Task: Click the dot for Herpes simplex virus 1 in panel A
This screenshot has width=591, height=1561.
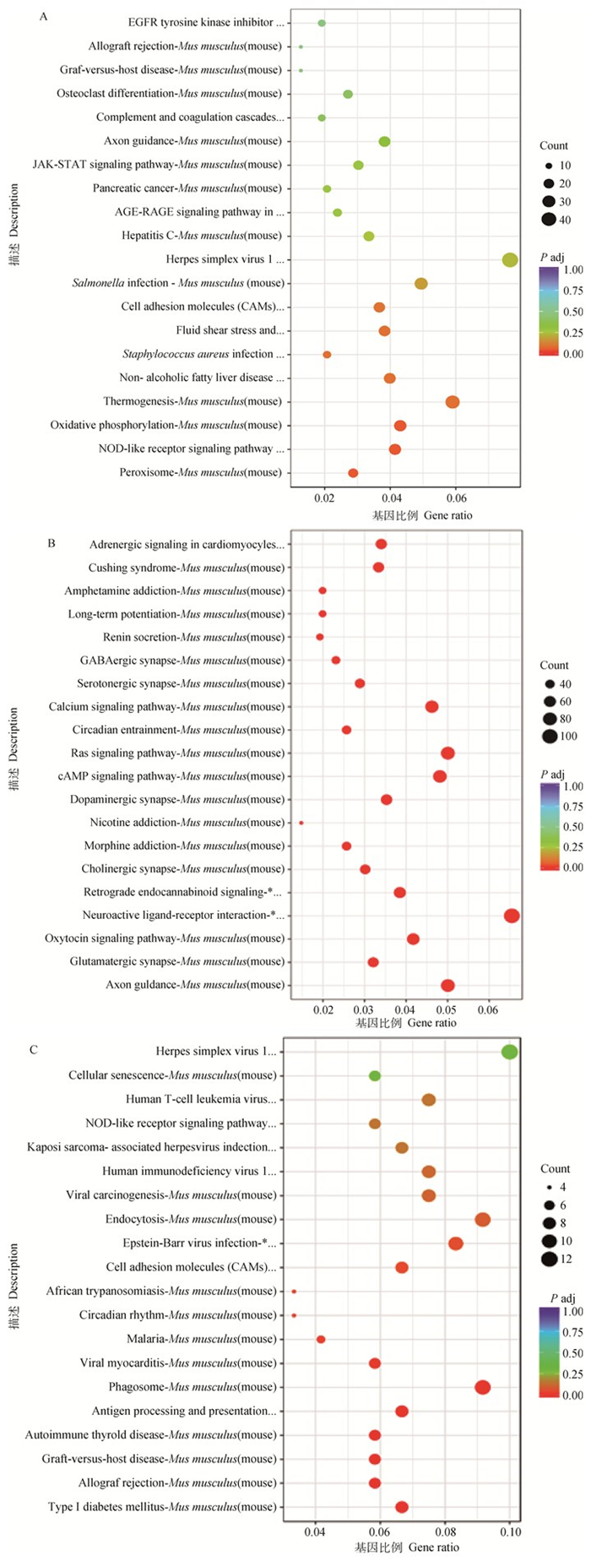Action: point(510,259)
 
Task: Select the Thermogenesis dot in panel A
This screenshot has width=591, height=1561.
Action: point(453,402)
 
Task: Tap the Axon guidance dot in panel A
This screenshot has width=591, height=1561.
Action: point(384,141)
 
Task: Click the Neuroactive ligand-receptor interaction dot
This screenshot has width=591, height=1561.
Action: point(512,916)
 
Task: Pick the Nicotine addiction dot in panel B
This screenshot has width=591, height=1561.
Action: point(301,823)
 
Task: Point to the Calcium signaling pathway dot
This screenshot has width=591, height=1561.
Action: point(431,707)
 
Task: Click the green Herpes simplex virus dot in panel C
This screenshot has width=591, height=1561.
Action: point(509,1052)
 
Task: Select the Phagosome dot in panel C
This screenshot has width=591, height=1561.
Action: point(482,1387)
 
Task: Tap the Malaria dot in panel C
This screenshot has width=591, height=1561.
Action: point(321,1340)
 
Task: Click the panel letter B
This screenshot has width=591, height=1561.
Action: point(52,543)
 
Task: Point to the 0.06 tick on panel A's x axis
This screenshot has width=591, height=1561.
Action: point(456,499)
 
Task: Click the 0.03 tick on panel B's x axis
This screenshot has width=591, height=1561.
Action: point(364,1009)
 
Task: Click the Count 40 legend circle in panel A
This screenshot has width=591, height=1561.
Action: point(549,220)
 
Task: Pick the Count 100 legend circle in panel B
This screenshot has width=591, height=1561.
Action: point(550,737)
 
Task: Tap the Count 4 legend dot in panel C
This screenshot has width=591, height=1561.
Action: point(549,1187)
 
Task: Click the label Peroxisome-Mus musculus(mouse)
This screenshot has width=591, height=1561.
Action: point(201,473)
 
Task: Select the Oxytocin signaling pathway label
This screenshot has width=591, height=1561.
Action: point(165,938)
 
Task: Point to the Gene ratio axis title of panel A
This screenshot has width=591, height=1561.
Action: point(422,515)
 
